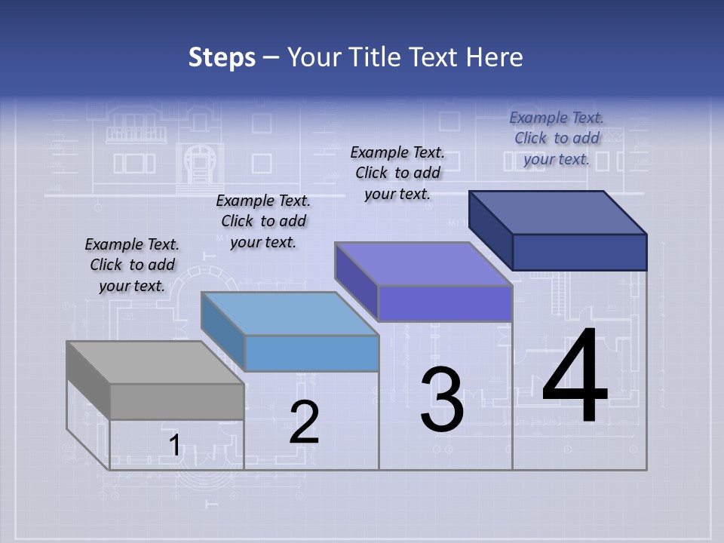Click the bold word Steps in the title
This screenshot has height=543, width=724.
222,57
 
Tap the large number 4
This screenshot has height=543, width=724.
575,377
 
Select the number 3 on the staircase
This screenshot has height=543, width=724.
442,400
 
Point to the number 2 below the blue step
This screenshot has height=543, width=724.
305,422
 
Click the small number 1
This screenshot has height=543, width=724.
174,446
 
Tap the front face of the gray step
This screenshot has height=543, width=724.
177,401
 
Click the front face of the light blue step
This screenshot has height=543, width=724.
311,353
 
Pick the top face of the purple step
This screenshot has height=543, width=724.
423,264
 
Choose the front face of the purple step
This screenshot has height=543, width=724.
445,303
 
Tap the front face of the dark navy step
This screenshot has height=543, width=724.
579,252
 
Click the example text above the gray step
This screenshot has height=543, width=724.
132,265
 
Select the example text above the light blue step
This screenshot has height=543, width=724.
263,221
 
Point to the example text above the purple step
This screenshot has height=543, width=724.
397,173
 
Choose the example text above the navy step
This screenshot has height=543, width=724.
557,138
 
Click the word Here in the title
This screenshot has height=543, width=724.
495,57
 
